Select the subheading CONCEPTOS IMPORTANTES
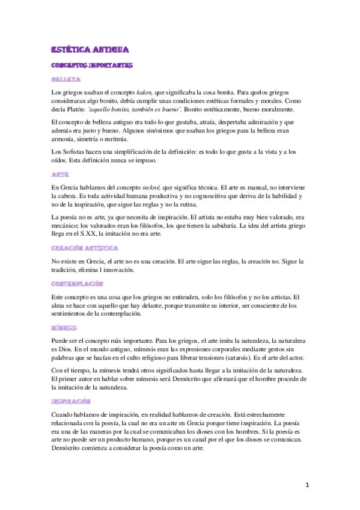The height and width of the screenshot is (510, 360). point(92,65)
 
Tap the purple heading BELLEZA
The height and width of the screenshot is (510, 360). point(66,79)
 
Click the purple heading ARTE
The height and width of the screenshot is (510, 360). point(59,174)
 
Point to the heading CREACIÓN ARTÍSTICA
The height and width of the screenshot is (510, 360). point(84,248)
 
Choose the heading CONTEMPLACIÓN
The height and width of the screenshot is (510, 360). point(78,283)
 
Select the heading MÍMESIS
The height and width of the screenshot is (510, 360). point(64,328)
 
